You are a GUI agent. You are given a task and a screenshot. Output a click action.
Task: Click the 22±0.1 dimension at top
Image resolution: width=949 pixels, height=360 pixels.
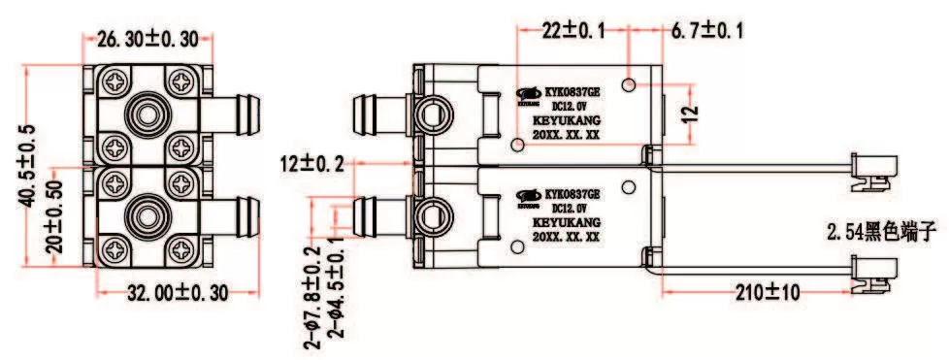tap(573, 31)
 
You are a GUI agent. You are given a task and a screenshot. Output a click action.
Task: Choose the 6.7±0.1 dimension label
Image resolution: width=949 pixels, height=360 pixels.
tap(707, 31)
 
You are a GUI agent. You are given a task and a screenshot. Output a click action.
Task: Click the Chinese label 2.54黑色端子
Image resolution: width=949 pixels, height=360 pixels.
tap(883, 233)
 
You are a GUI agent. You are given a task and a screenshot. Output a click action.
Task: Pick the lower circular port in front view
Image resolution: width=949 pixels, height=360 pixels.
tap(148, 212)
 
